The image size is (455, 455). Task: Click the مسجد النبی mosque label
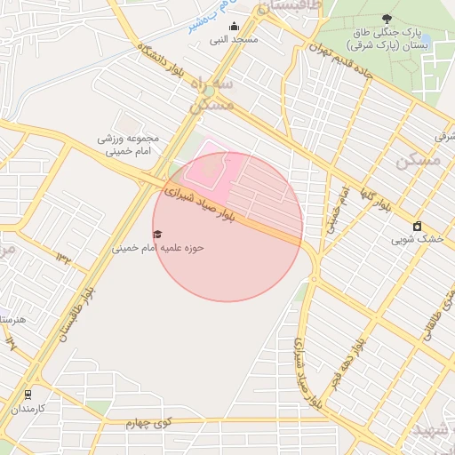(x=234, y=40)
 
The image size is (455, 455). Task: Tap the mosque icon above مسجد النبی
(x=234, y=26)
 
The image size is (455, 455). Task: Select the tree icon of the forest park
(x=386, y=18)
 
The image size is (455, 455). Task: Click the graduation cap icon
(x=157, y=234)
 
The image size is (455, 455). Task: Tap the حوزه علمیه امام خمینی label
(x=157, y=248)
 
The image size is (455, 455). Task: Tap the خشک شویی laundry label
(x=418, y=239)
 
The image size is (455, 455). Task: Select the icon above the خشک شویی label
(x=418, y=226)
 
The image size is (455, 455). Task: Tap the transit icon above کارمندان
(x=28, y=395)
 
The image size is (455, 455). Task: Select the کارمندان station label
(x=28, y=409)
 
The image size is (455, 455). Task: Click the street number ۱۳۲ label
(x=64, y=257)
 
